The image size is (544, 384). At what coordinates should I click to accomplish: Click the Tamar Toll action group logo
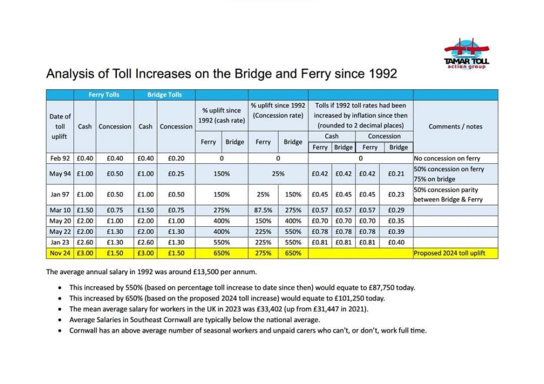click(x=467, y=54)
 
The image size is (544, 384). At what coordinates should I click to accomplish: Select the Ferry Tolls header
click(x=104, y=95)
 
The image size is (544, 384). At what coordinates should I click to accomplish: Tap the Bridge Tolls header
click(x=164, y=95)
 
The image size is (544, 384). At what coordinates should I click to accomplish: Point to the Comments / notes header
click(x=455, y=127)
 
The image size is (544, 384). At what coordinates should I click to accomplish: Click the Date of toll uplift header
click(x=60, y=127)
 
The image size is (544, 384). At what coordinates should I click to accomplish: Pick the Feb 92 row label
click(x=60, y=158)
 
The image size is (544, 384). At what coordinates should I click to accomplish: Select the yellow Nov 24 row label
click(x=60, y=253)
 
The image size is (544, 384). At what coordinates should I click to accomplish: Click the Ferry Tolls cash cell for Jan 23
click(x=85, y=243)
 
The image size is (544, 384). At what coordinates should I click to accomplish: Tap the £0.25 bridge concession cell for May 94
click(x=176, y=174)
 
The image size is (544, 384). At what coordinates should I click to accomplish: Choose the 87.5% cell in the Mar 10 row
click(x=263, y=210)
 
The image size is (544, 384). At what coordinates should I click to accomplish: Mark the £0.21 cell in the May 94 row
click(x=396, y=174)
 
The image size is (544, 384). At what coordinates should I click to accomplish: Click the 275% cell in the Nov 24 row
click(x=263, y=253)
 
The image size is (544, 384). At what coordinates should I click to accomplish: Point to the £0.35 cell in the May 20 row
click(x=396, y=221)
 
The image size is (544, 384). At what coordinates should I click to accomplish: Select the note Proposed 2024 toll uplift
click(x=449, y=253)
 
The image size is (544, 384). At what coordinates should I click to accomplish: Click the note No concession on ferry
click(x=447, y=158)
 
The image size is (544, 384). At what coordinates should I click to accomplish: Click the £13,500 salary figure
click(x=206, y=272)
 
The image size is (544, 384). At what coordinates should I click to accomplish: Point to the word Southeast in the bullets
click(x=145, y=320)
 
